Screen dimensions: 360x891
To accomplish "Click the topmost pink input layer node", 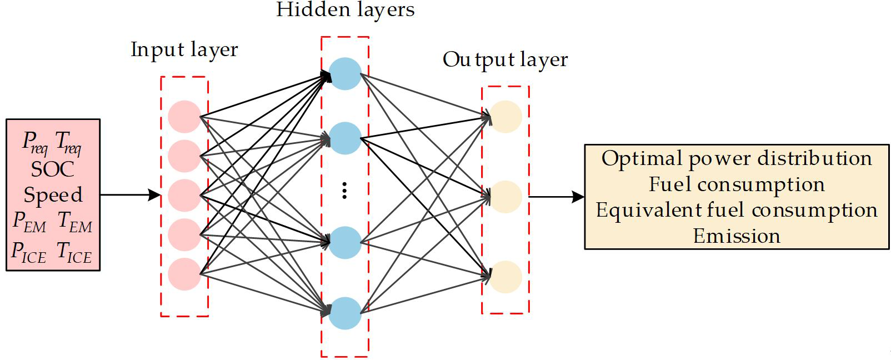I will click(184, 117).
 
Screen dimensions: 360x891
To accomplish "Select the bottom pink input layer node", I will click(184, 274).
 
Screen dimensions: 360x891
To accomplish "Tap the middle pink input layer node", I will click(184, 196).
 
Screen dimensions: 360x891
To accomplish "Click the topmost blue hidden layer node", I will click(345, 74).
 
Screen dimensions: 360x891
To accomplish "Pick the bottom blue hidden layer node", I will click(345, 313).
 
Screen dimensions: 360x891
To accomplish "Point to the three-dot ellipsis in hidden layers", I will click(344, 191).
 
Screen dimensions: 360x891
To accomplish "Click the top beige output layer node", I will click(505, 117).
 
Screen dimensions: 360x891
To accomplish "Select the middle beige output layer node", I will click(505, 196).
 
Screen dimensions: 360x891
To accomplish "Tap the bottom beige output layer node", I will click(505, 277).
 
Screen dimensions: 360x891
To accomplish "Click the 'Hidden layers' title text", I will click(345, 10).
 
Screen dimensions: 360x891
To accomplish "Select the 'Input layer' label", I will click(184, 50).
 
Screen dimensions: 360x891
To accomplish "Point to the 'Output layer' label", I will click(505, 60).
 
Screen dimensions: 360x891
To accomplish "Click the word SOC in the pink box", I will click(53, 169).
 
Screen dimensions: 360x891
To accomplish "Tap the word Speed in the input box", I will click(53, 194).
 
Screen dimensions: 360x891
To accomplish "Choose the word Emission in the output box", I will click(737, 236).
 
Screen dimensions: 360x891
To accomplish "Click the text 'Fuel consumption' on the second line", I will click(737, 184).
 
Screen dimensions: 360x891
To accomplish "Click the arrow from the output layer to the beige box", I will click(556, 196).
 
